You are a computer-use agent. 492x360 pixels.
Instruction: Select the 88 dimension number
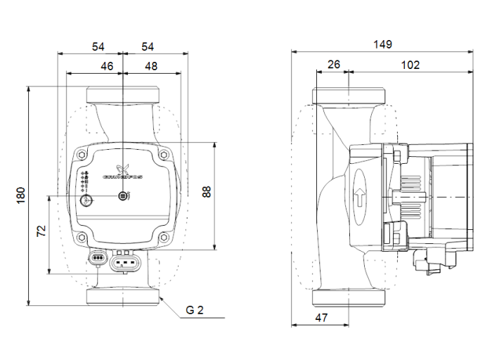coord(207,192)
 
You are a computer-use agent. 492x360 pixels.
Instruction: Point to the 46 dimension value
coord(107,65)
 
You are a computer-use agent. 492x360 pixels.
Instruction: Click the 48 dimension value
coord(150,65)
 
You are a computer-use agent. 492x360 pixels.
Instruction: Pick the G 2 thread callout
coord(195,309)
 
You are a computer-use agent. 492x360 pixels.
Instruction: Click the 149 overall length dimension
coord(382,44)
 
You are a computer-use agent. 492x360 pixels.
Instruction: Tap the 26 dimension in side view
coord(333,65)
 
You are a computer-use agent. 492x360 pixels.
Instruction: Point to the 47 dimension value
coord(321,317)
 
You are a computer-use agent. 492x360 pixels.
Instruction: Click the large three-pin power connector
coord(127,263)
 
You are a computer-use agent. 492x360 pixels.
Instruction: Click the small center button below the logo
coord(122,196)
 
